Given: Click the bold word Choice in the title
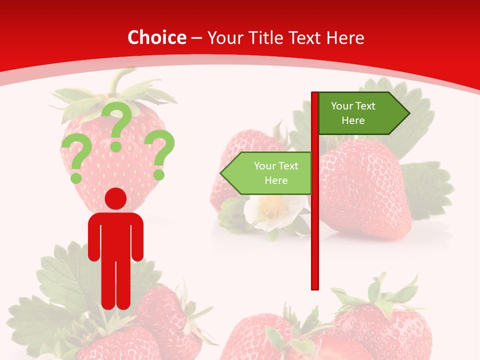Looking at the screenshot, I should (156, 38).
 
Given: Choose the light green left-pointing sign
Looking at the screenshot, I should (270, 173).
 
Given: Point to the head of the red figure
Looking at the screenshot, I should (115, 198).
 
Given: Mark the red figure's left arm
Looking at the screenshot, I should (94, 237).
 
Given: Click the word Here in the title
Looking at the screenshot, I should (345, 38).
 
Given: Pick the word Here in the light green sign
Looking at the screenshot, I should (276, 180).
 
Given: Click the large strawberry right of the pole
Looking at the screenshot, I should (365, 190).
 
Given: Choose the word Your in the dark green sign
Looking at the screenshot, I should (342, 106).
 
